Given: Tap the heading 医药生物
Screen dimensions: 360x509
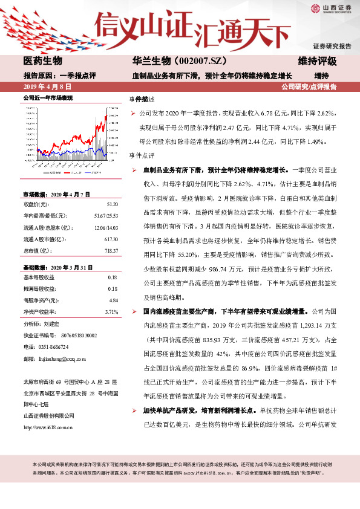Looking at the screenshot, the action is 42,62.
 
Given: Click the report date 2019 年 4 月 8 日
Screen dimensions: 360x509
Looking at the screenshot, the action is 43,87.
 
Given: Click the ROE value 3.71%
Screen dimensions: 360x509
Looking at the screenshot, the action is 111,312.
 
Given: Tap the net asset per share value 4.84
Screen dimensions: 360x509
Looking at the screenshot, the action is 113,300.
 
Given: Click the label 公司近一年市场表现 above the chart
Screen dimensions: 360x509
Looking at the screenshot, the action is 48,97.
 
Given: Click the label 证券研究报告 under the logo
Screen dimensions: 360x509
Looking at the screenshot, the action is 332,47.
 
